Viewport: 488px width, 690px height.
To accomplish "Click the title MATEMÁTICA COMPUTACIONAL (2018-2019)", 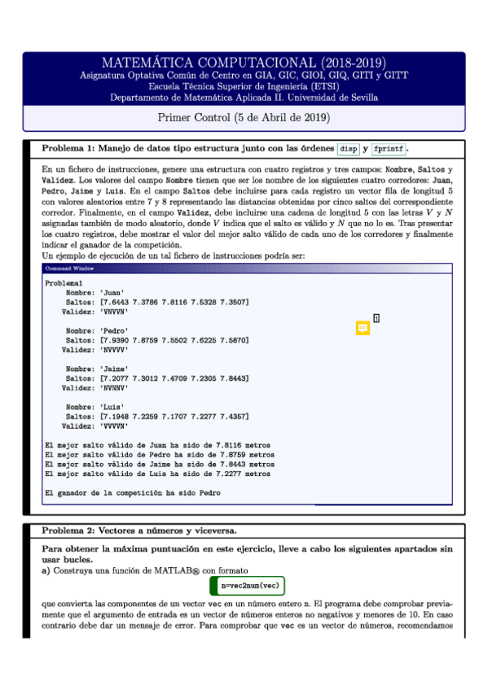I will (x=244, y=63).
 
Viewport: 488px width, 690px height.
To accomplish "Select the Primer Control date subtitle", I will (x=244, y=117).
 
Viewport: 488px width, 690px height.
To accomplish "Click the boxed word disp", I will (x=348, y=149).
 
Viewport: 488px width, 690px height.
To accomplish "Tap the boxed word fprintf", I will (x=388, y=149).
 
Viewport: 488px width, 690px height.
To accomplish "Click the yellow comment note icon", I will (x=363, y=328).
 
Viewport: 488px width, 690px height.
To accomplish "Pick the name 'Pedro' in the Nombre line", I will (x=112, y=331).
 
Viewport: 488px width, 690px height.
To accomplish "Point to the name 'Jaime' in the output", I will (x=112, y=369).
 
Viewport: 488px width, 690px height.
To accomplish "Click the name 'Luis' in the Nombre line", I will (x=110, y=407).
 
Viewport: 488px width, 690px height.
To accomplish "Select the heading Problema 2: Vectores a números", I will (x=138, y=531).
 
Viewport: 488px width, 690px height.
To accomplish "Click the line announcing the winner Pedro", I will (x=133, y=492).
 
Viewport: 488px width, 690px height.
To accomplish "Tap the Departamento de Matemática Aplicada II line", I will (x=244, y=96).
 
